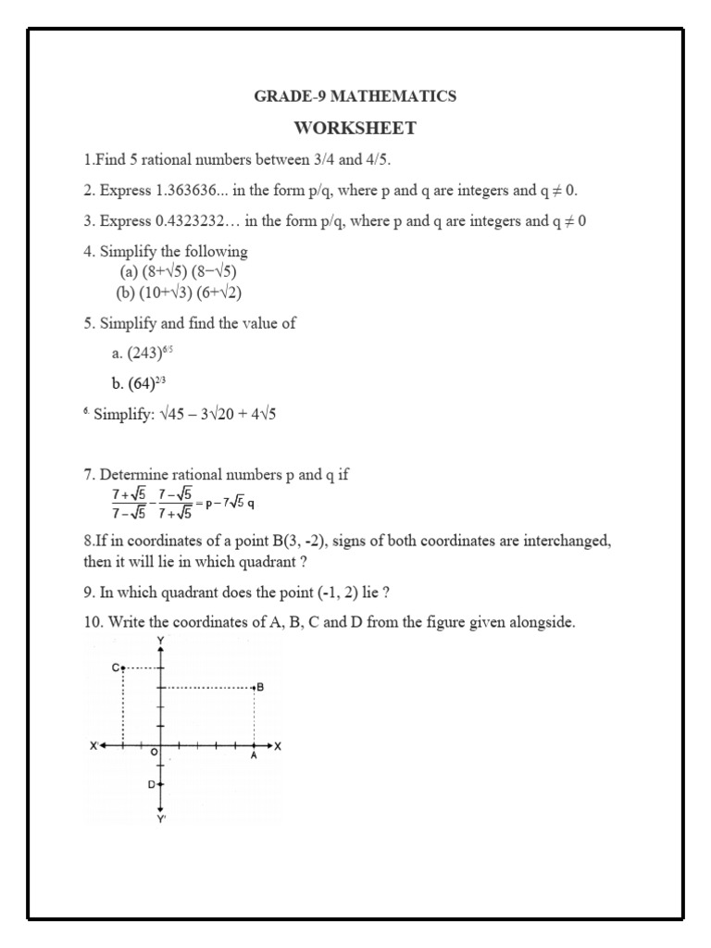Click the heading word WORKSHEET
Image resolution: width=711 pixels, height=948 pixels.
(355, 128)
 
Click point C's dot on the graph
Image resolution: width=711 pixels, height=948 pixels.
(122, 667)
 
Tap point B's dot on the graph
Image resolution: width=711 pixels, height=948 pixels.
(254, 688)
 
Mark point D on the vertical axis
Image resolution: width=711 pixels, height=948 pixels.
(160, 784)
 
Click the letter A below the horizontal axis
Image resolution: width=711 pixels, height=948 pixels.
(254, 755)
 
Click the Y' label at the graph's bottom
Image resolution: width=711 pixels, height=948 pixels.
(162, 818)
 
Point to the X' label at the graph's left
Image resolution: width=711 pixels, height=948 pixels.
(94, 745)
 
